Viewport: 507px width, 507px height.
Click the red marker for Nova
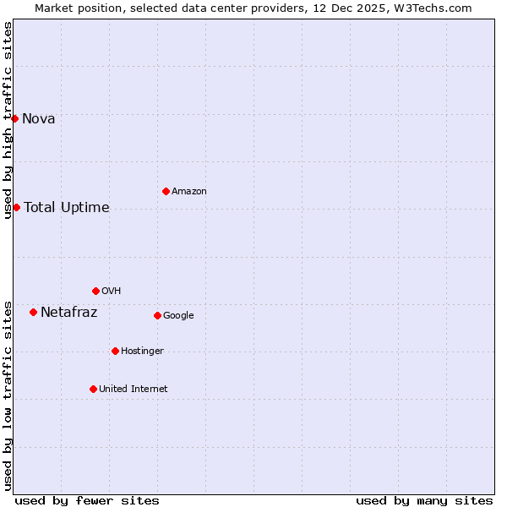(14, 118)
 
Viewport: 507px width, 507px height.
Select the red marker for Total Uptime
(16, 207)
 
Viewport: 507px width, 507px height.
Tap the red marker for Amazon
(166, 191)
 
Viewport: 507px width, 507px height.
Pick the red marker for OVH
(95, 291)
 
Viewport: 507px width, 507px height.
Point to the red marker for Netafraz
(33, 312)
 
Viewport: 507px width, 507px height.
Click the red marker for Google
(157, 315)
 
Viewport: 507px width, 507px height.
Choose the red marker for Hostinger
(115, 351)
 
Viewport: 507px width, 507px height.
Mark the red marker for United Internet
(93, 389)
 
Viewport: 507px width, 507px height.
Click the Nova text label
(39, 118)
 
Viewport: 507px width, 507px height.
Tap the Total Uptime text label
(67, 207)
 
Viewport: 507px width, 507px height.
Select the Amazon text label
(189, 191)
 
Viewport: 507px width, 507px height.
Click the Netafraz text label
(69, 312)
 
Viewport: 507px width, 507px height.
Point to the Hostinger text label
(142, 351)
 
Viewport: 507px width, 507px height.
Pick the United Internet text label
(134, 389)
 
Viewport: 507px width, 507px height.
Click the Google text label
(178, 315)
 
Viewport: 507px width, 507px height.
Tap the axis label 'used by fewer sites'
(87, 500)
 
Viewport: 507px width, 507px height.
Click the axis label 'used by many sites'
(424, 500)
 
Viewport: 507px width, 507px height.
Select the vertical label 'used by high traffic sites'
(8, 120)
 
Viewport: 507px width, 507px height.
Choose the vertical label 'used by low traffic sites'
(8, 395)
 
